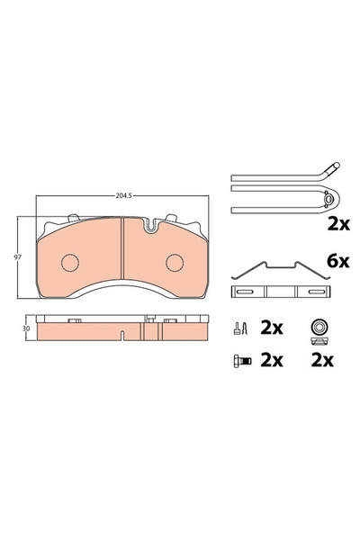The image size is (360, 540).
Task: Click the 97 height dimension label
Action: [x=19, y=256]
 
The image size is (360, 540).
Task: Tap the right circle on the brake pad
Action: [x=173, y=262]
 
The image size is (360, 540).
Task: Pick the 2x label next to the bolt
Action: [x=271, y=360]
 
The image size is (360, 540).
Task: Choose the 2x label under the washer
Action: [x=321, y=360]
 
